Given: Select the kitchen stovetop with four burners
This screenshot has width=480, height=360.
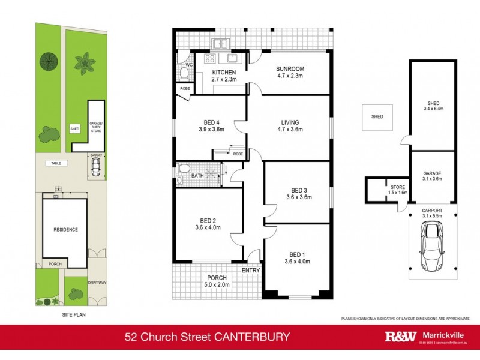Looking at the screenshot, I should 211,59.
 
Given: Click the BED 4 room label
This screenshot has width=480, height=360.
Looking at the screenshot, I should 211,121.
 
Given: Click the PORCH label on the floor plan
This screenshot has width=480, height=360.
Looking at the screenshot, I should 217,278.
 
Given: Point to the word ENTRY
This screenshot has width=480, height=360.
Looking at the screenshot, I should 251,271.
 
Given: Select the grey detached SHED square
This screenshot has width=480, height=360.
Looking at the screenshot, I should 377,117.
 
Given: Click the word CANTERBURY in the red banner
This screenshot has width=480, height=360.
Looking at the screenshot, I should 256,337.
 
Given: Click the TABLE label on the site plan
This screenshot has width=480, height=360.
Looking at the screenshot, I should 56,163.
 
